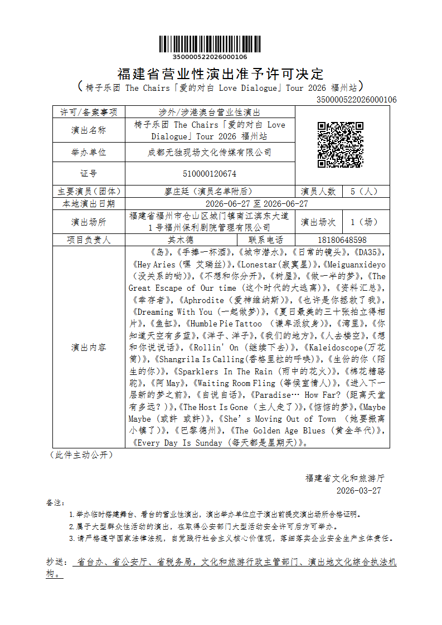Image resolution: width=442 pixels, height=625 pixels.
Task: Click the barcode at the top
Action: click(210, 45)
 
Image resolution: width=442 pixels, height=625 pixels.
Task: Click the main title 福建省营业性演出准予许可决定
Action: click(221, 74)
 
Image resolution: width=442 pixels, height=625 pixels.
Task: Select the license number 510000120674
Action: click(210, 174)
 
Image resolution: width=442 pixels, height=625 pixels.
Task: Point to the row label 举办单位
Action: click(89, 152)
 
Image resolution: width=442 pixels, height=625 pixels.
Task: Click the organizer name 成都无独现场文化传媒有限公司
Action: click(210, 152)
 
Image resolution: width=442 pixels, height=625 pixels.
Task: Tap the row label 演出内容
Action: click(89, 347)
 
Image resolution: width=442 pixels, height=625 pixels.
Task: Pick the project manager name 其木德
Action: click(181, 240)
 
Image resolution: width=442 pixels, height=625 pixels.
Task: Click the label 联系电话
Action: click(266, 240)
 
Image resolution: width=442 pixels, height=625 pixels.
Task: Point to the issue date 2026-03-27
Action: click(359, 491)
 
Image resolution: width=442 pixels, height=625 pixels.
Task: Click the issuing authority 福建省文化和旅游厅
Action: click(345, 478)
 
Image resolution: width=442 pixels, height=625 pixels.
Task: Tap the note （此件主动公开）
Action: click(81, 455)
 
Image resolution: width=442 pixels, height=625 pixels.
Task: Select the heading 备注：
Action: click(55, 502)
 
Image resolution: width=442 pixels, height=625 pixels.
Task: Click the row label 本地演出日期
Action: click(89, 204)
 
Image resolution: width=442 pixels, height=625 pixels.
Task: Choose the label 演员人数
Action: click(318, 191)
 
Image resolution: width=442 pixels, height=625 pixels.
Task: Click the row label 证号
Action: click(89, 174)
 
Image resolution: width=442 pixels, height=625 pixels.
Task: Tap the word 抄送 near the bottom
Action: click(55, 562)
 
